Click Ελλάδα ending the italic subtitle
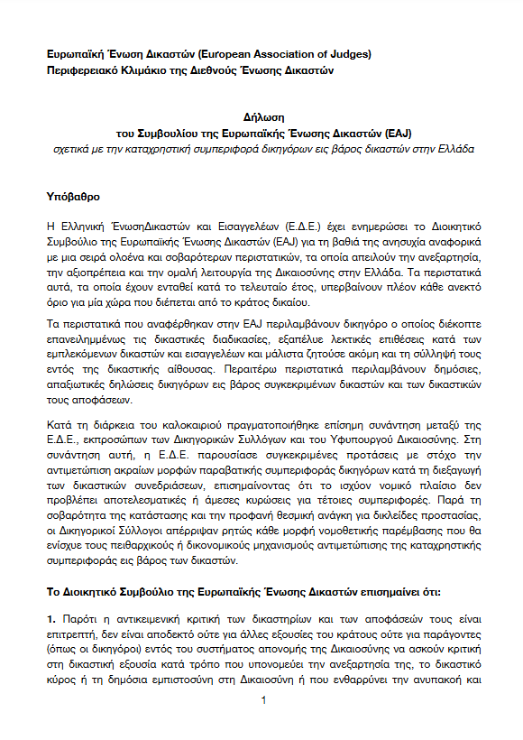click(x=448, y=147)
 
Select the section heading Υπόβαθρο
click(x=76, y=195)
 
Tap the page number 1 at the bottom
click(x=261, y=700)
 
